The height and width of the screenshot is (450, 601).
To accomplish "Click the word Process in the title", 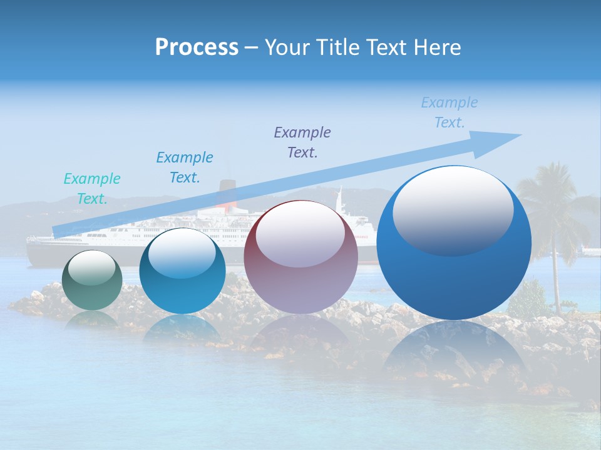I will (197, 47).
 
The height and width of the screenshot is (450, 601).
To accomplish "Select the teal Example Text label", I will (92, 189).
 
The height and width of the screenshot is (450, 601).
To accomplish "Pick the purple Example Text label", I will (302, 142).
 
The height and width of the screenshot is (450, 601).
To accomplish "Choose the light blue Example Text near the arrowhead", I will (449, 112).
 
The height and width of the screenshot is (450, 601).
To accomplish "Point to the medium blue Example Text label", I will (185, 167).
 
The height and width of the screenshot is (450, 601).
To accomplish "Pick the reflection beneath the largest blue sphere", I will (454, 356).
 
